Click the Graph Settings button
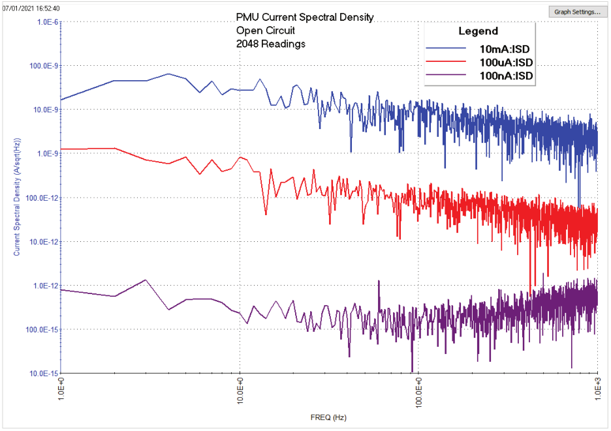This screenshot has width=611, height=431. [577, 12]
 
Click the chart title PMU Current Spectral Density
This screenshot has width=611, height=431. [305, 18]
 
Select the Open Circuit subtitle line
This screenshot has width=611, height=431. [266, 31]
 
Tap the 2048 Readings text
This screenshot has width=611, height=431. [271, 44]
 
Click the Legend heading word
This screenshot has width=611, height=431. [478, 31]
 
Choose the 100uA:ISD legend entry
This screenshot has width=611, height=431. [506, 62]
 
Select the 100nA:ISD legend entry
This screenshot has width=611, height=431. [506, 76]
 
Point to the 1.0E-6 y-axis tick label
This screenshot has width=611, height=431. [47, 22]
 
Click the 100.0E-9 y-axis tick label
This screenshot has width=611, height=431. [44, 66]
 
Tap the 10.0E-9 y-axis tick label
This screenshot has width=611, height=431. [46, 110]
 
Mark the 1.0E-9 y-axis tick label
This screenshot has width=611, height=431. [47, 154]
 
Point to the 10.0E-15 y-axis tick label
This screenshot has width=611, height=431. [44, 374]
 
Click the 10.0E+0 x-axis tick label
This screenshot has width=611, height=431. [240, 394]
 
